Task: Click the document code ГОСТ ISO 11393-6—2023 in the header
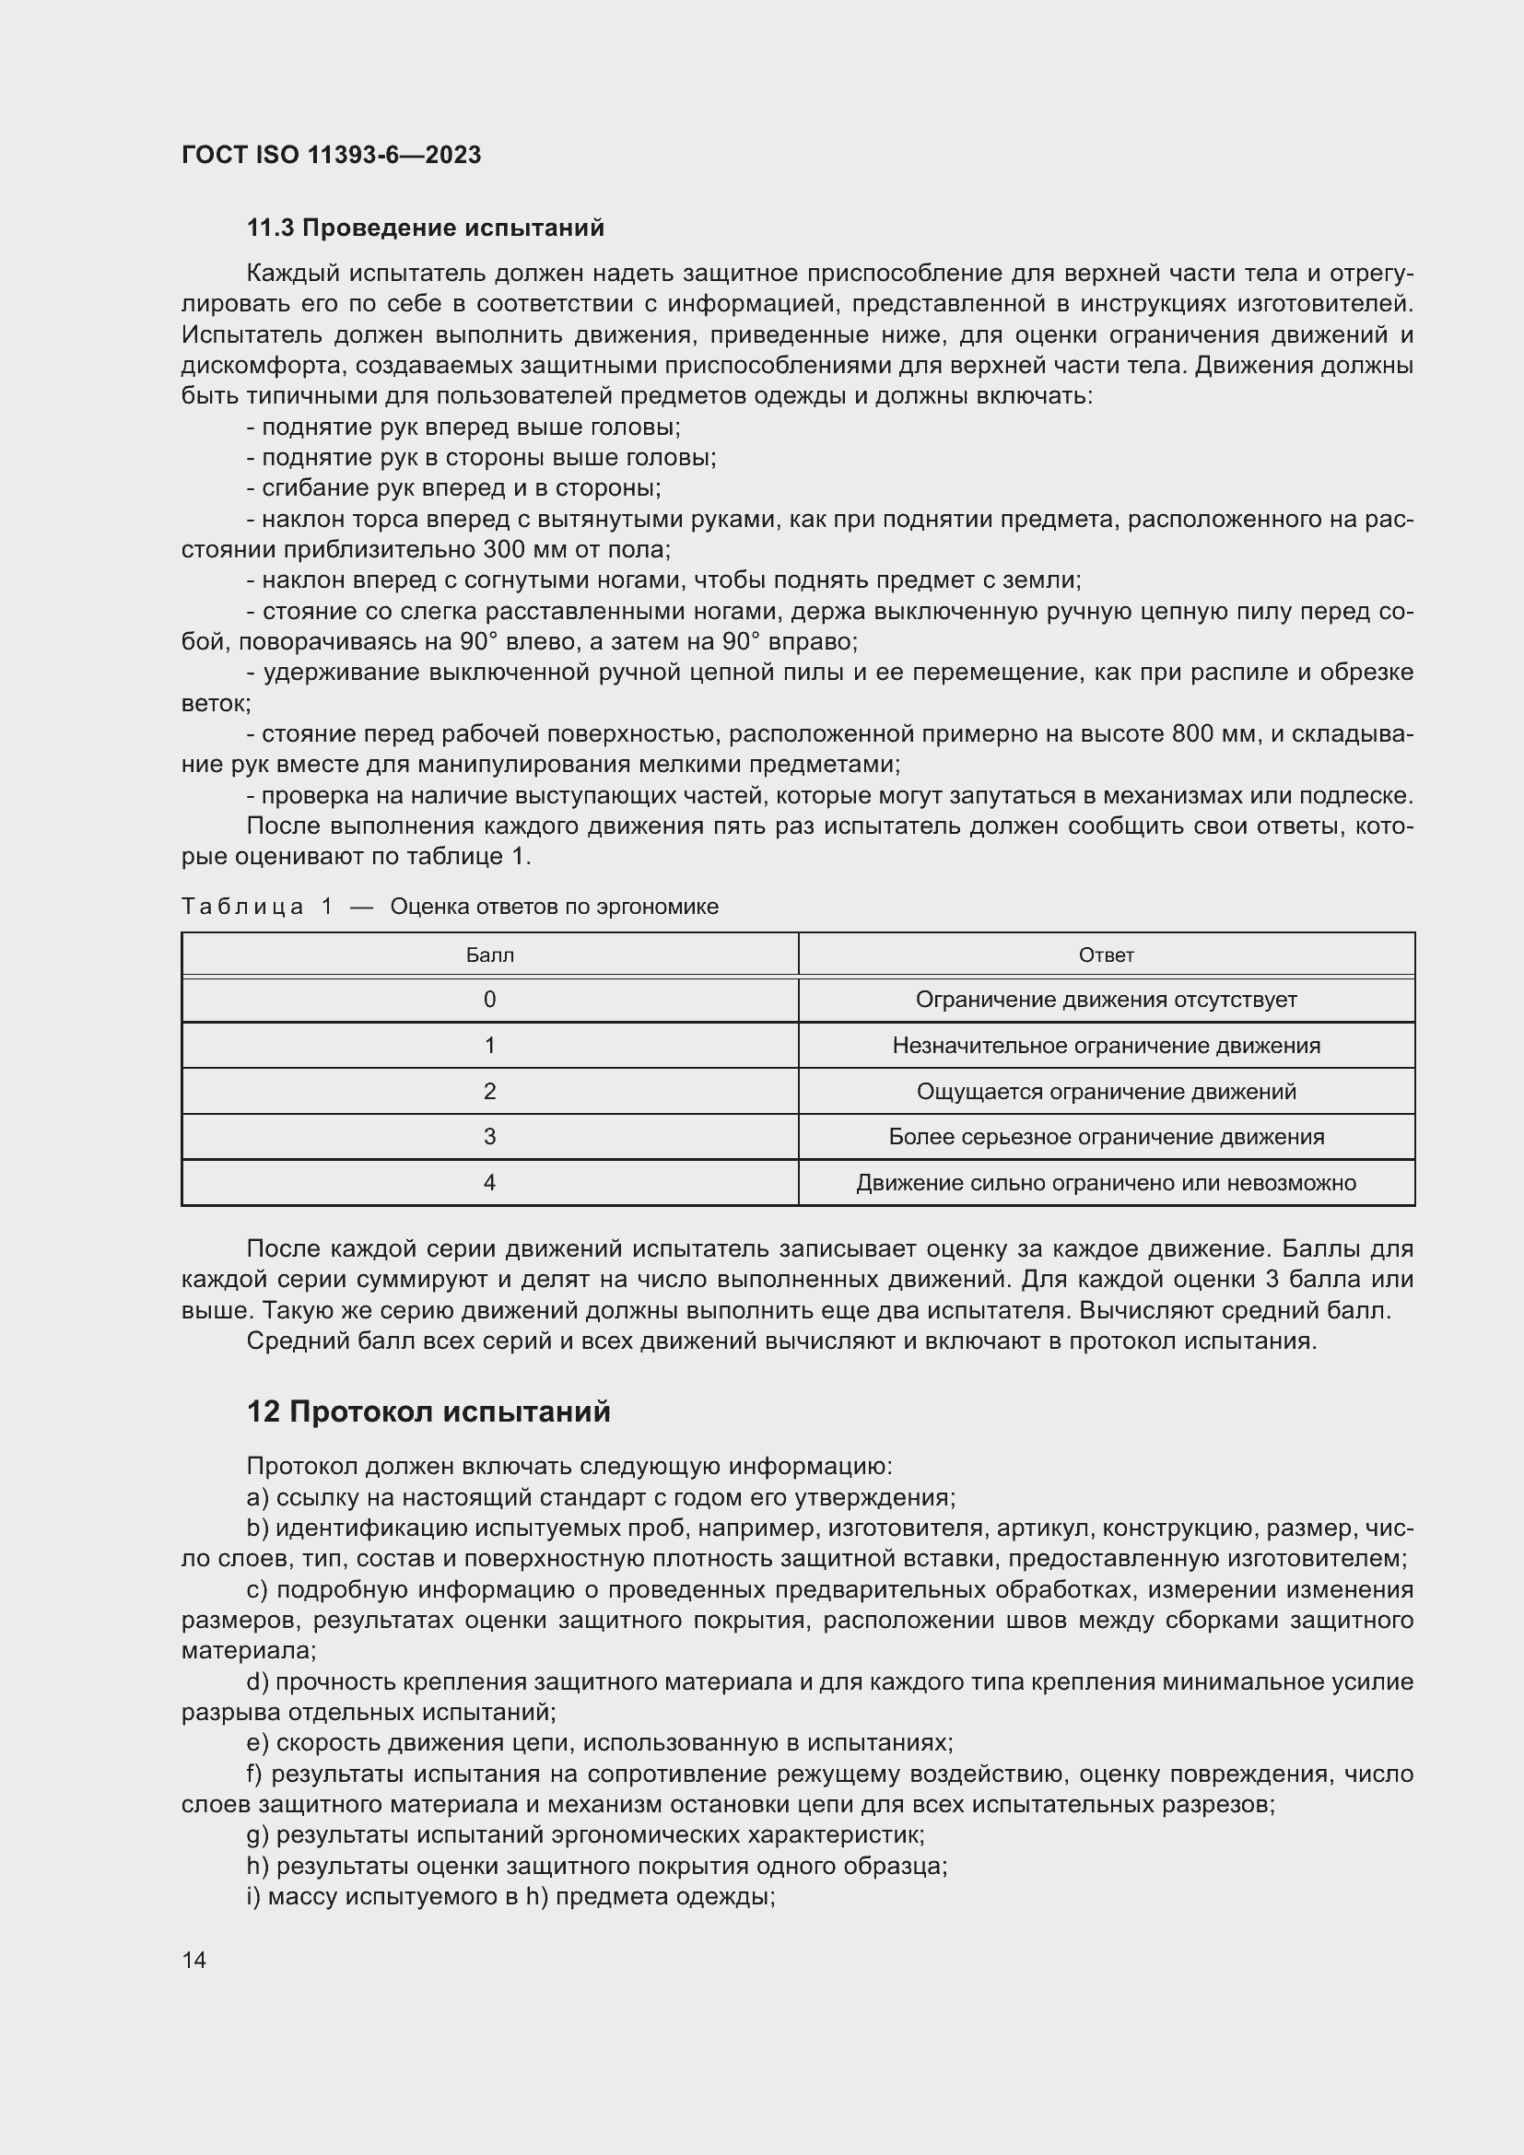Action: tap(331, 155)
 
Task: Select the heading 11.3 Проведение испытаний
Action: tap(425, 228)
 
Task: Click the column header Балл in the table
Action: tap(489, 955)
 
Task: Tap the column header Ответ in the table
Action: tap(1106, 955)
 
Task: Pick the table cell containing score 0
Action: tap(489, 1000)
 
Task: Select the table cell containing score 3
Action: tap(489, 1137)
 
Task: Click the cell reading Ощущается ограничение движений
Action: tap(1106, 1092)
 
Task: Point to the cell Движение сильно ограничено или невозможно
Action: tap(1106, 1183)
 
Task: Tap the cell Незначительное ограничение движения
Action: tap(1106, 1046)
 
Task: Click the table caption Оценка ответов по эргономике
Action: tap(554, 907)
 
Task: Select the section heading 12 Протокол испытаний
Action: tap(428, 1411)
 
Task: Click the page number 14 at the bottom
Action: tap(194, 1960)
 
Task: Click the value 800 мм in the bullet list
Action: tap(1214, 734)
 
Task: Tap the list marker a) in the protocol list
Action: tap(257, 1498)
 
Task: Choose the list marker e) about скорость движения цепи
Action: tap(257, 1743)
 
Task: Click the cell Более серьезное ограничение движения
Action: tap(1106, 1137)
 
